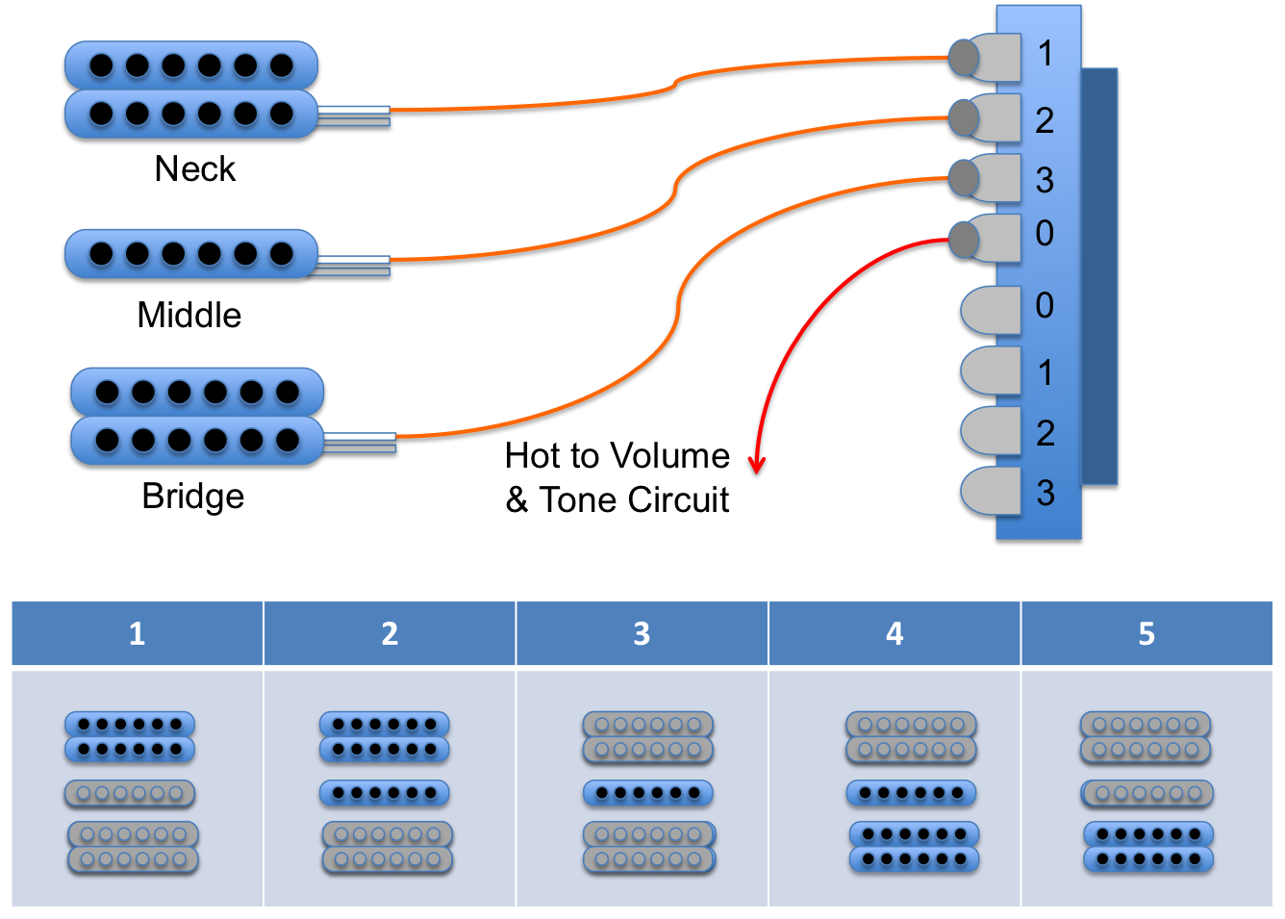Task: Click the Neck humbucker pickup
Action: (x=190, y=89)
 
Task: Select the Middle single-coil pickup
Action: (x=190, y=254)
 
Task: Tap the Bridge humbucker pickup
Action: (x=197, y=416)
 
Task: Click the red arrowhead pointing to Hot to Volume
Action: (x=757, y=466)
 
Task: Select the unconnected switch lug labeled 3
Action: (x=991, y=491)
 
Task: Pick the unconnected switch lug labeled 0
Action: (x=991, y=310)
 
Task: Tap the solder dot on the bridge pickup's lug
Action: (x=963, y=178)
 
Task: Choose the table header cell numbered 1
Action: (x=137, y=633)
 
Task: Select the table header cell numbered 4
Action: (x=894, y=633)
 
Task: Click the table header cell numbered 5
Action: (x=1146, y=633)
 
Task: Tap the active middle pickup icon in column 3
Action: (x=647, y=793)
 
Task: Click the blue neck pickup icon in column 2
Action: (x=384, y=737)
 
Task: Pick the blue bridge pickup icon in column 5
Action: (x=1147, y=847)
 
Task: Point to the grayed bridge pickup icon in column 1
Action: (x=133, y=847)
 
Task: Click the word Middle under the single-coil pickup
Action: (x=189, y=315)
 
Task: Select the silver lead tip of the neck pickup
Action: (x=353, y=115)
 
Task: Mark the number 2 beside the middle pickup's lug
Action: (x=1045, y=120)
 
